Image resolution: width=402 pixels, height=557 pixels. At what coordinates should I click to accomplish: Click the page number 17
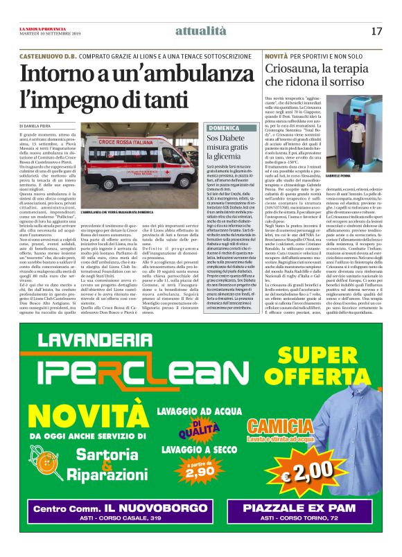coord(376,31)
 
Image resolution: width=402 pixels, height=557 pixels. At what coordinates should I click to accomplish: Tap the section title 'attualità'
coord(201,31)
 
